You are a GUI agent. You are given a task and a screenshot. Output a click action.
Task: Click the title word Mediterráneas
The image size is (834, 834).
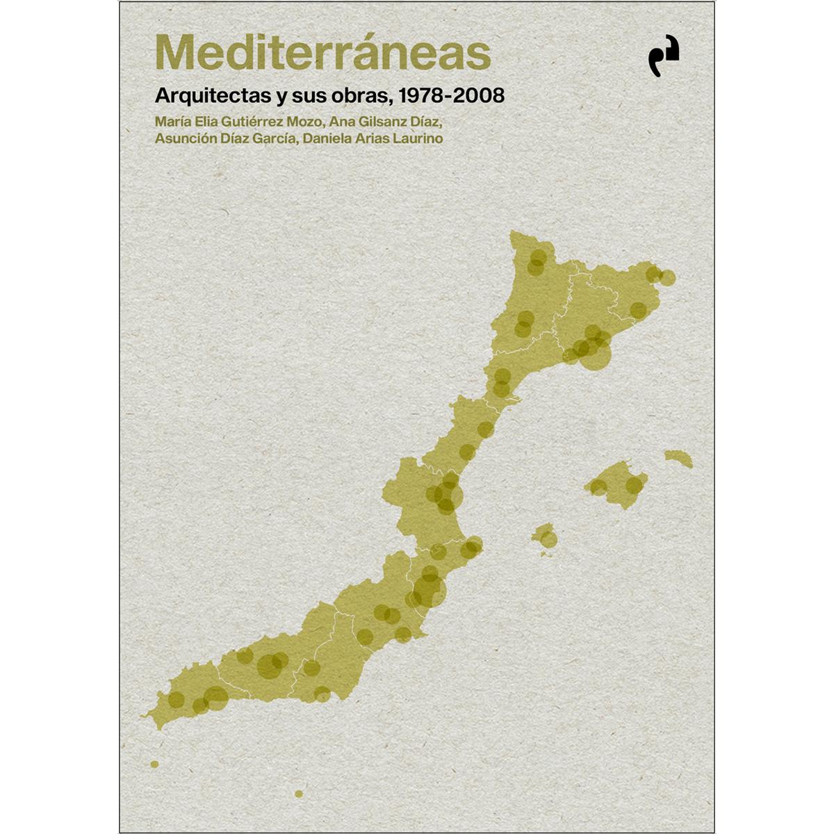(x=322, y=52)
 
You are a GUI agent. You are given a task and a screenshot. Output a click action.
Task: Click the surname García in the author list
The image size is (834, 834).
(x=274, y=138)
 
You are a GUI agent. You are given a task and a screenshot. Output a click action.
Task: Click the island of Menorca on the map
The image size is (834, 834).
(x=678, y=458)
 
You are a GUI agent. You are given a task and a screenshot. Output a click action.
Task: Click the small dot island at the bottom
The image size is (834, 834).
(x=299, y=793)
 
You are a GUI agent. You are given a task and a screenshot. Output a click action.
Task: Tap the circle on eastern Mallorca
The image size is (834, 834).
(x=634, y=484)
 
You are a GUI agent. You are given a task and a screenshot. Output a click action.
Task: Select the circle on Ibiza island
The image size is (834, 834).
(x=548, y=539)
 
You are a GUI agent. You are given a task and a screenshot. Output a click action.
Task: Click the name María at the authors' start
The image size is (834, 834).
(x=172, y=121)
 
